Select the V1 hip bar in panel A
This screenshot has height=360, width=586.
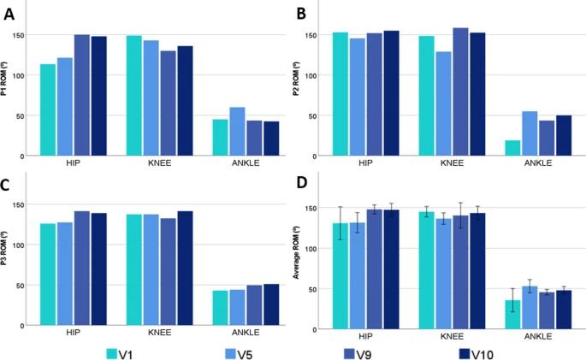click(x=47, y=110)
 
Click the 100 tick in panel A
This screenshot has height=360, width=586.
click(x=31, y=75)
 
